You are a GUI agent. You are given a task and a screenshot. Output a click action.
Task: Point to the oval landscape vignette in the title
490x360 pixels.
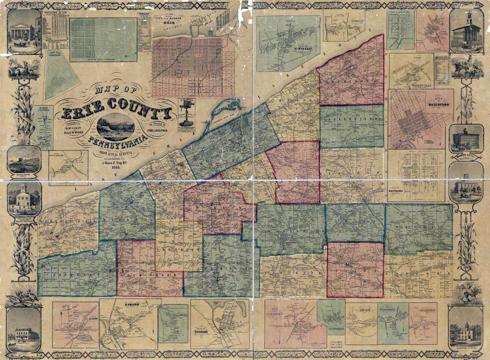[x=116, y=127]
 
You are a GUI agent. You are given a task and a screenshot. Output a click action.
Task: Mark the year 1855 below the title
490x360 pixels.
[x=117, y=167]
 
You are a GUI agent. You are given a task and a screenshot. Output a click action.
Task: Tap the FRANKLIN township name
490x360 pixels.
[x=179, y=249]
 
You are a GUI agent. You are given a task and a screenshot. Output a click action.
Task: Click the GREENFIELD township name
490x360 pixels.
[x=351, y=118]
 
